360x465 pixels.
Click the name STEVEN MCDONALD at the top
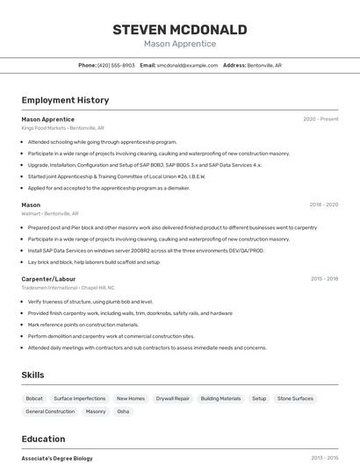coord(180,29)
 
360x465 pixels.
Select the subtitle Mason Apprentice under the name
coord(180,44)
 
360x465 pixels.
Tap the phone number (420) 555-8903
coord(116,65)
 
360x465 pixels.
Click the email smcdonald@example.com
coord(187,65)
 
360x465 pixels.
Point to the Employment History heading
coord(65,100)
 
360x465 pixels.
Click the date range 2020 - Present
coord(320,118)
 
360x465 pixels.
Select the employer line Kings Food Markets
coord(44,127)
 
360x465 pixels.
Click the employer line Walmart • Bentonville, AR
coord(50,213)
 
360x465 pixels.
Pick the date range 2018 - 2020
coord(323,204)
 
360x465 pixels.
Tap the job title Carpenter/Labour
coord(48,278)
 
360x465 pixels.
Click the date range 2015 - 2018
coord(324,278)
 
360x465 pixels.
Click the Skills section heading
coord(33,375)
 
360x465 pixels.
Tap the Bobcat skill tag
coord(33,398)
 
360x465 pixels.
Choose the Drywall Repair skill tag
coord(172,398)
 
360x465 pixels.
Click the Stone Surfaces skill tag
coord(295,398)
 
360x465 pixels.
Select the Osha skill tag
coord(123,411)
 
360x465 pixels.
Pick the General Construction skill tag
coord(50,411)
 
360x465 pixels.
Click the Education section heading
coord(43,439)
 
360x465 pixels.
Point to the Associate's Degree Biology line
coord(57,458)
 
